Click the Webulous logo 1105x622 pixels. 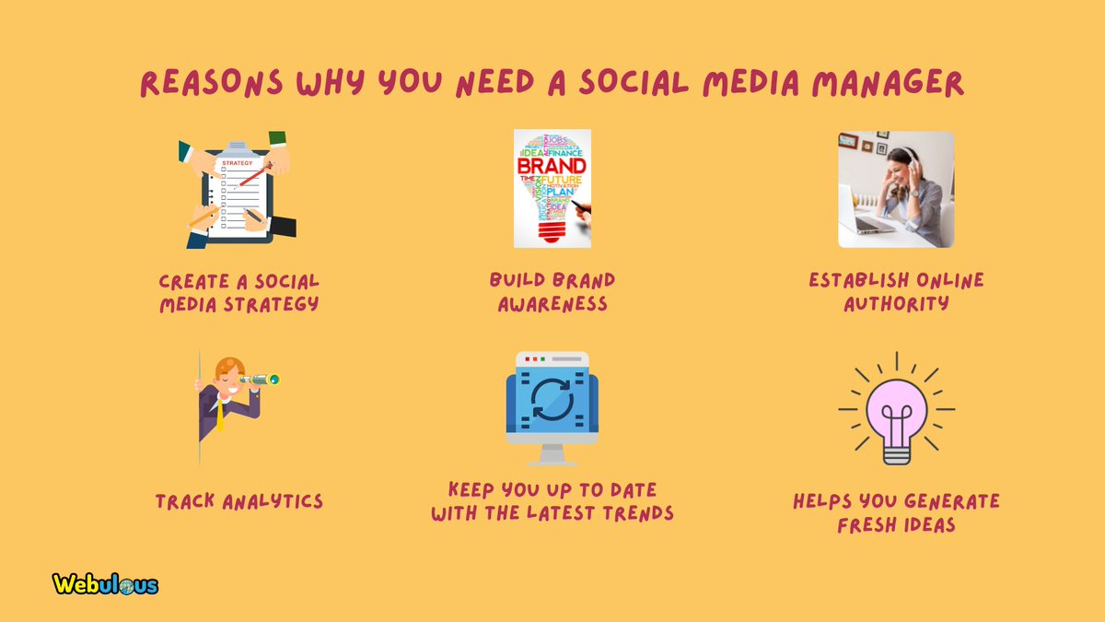tap(105, 584)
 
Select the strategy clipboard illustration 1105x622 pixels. tap(238, 189)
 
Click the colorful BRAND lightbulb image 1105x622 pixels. tap(552, 188)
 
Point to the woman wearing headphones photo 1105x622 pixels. tap(896, 189)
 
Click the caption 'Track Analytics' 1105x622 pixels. tap(238, 502)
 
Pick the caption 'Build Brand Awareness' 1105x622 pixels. tap(552, 292)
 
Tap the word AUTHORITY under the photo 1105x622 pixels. tap(896, 303)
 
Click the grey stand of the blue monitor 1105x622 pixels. tap(552, 454)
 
